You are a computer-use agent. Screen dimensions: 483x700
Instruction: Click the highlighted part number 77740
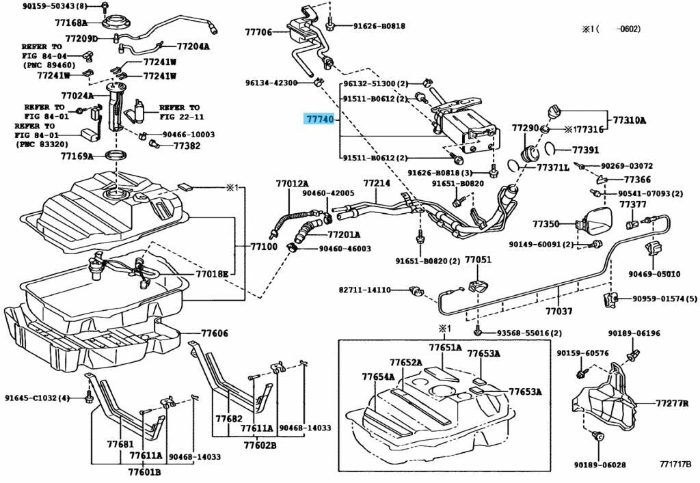(319, 119)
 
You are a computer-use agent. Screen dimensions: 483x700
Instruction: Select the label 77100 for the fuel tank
(263, 246)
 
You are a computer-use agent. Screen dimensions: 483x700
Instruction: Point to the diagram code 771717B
(675, 465)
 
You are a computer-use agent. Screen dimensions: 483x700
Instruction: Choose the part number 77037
(558, 312)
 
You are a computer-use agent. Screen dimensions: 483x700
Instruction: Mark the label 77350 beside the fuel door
(546, 224)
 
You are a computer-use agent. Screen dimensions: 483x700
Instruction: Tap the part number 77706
(259, 32)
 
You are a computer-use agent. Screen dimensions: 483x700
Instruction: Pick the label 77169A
(77, 156)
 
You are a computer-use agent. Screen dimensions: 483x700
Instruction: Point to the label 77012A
(293, 184)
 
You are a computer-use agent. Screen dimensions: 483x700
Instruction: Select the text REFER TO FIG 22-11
(180, 112)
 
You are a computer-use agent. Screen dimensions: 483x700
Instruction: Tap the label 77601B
(144, 471)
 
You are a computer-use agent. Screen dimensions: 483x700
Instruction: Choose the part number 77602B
(260, 446)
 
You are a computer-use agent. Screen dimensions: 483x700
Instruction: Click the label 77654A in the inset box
(378, 376)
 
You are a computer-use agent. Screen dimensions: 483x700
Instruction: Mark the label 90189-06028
(600, 465)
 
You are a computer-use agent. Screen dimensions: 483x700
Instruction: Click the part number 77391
(585, 150)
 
